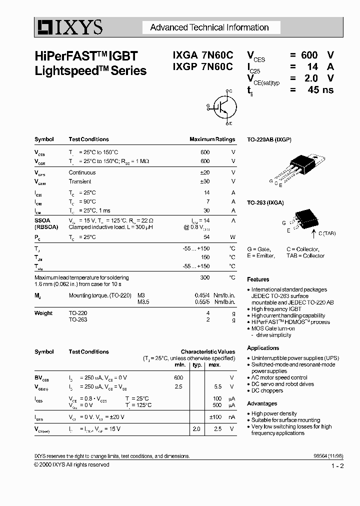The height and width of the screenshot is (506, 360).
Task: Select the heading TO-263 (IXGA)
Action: [265, 202]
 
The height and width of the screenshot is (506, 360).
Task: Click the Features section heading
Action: [258, 279]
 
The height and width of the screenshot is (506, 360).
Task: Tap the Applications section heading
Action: [263, 348]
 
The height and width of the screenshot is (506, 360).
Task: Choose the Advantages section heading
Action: [262, 403]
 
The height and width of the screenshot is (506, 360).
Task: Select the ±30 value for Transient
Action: [204, 181]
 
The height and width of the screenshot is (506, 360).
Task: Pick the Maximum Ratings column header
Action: [212, 139]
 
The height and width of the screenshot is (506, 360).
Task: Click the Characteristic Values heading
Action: [207, 352]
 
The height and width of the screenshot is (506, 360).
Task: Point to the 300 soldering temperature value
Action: [205, 277]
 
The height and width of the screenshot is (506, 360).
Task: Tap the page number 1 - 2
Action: [337, 466]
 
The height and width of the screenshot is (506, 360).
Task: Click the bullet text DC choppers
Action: [268, 390]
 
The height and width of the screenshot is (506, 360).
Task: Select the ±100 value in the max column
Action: [215, 416]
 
